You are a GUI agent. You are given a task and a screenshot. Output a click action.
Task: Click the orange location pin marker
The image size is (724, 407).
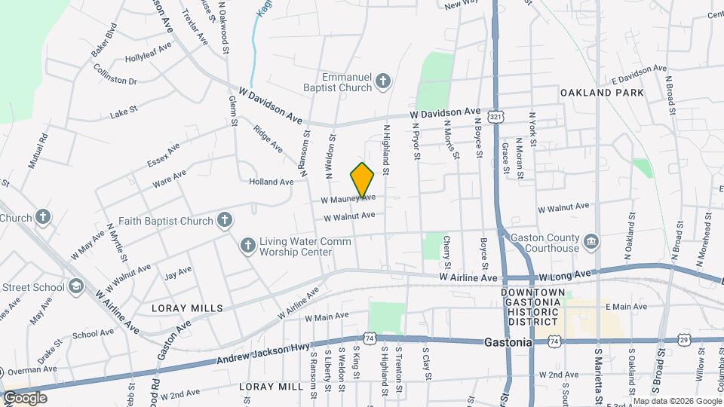pos(363,179)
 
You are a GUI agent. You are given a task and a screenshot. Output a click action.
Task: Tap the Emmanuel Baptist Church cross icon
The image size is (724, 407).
pos(383,81)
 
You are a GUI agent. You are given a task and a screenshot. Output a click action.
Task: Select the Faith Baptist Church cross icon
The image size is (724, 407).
pos(224,220)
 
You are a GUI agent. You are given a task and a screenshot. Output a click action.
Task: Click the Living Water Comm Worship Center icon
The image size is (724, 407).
pos(247,246)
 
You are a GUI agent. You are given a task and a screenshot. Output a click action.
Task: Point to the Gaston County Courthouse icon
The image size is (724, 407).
pos(592,242)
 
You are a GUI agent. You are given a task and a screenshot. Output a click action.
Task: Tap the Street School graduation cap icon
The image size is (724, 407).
pos(75,287)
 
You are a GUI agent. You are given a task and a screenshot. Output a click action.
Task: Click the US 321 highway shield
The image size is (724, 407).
pos(495,118)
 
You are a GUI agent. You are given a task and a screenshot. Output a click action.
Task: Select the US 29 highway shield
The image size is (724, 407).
pos(684,341)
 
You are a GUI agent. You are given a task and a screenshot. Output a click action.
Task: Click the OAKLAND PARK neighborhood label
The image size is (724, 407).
pos(602,93)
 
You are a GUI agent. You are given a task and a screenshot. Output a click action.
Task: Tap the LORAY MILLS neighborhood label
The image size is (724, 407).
pos(187,308)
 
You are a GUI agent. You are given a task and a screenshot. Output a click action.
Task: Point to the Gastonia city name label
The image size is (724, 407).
pos(508,342)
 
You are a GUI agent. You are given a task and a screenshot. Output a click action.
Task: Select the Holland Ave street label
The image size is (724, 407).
pos(271,182)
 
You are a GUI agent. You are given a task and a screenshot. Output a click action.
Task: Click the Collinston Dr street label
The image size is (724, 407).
pos(115,74)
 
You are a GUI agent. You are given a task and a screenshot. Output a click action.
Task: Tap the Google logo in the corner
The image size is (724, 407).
pos(25,398)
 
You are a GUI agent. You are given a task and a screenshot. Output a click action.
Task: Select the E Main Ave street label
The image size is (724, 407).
pos(625,307)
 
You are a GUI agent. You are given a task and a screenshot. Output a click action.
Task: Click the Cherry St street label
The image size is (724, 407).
pos(447,251)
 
